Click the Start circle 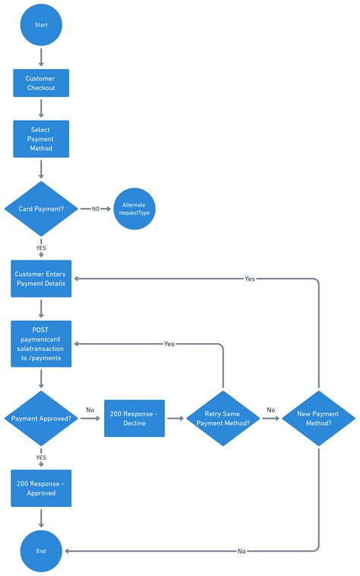coord(41,25)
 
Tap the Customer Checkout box coord(41,83)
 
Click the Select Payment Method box coord(41,139)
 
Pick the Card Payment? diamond coord(41,208)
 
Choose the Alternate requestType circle coord(134,209)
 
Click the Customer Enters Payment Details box coord(41,279)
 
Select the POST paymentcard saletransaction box coord(41,344)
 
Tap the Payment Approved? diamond coord(41,418)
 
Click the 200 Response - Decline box coord(134,418)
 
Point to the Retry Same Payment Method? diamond coord(223,418)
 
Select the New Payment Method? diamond coord(319,418)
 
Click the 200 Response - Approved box coord(41,488)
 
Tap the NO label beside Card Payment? coord(96,209)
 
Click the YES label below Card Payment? coord(41,247)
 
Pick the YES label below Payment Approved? coord(41,458)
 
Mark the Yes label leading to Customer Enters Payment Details coord(250,279)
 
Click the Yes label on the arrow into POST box coord(169,344)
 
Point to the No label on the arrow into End coord(242,550)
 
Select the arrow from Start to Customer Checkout coord(41,56)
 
